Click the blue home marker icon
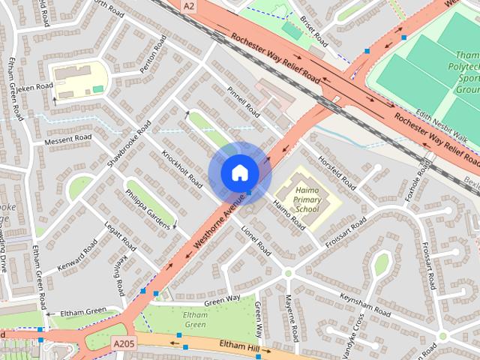(239, 173)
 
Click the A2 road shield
(189, 5)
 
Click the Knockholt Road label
(182, 169)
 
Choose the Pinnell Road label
(243, 101)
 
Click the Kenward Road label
(81, 255)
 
